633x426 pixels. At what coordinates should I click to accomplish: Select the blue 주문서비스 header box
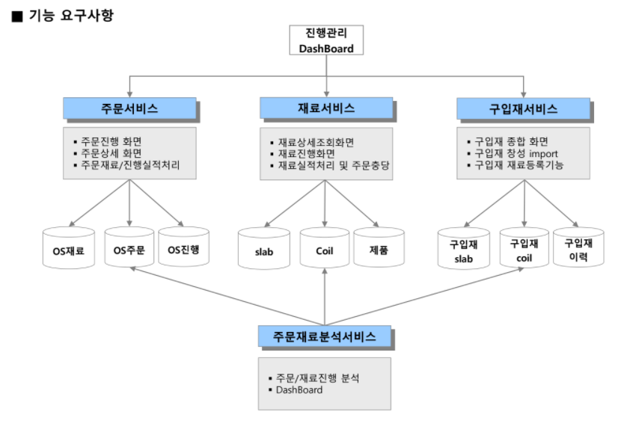[x=129, y=108]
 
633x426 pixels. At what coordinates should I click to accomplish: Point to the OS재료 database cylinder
[x=69, y=249]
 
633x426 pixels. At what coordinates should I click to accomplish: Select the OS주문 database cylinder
[x=129, y=249]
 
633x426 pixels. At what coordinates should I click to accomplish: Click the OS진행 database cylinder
[x=184, y=249]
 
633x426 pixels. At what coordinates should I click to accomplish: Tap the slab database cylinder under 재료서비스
[x=264, y=250]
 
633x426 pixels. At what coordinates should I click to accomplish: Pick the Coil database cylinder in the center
[x=325, y=250]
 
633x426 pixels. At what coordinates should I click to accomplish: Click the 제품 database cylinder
[x=379, y=250]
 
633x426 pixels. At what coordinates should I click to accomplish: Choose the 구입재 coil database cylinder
[x=524, y=250]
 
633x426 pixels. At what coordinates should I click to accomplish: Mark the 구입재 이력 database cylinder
[x=578, y=250]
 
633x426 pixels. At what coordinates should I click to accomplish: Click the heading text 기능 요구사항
[x=71, y=15]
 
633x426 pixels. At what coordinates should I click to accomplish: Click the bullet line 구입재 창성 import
[x=516, y=152]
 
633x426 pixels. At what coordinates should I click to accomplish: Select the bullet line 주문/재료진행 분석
[x=317, y=378]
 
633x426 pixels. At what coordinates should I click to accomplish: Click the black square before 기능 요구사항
[x=17, y=16]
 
